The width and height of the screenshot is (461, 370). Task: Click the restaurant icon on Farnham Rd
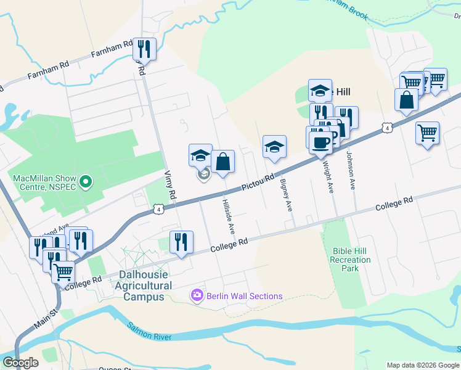tap(144, 48)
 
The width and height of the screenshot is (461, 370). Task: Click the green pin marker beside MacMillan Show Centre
tap(86, 183)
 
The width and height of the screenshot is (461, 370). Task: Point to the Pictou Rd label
tap(258, 182)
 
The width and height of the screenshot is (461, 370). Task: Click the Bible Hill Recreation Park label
tap(351, 260)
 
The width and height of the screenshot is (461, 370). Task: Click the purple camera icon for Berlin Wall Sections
tap(197, 296)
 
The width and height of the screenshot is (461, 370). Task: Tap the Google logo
tap(20, 363)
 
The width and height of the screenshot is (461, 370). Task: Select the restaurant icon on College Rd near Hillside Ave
tap(181, 242)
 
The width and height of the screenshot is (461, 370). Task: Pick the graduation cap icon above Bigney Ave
tap(274, 147)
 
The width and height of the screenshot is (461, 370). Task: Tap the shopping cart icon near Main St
tap(63, 271)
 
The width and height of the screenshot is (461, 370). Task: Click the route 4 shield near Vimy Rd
tap(159, 210)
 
